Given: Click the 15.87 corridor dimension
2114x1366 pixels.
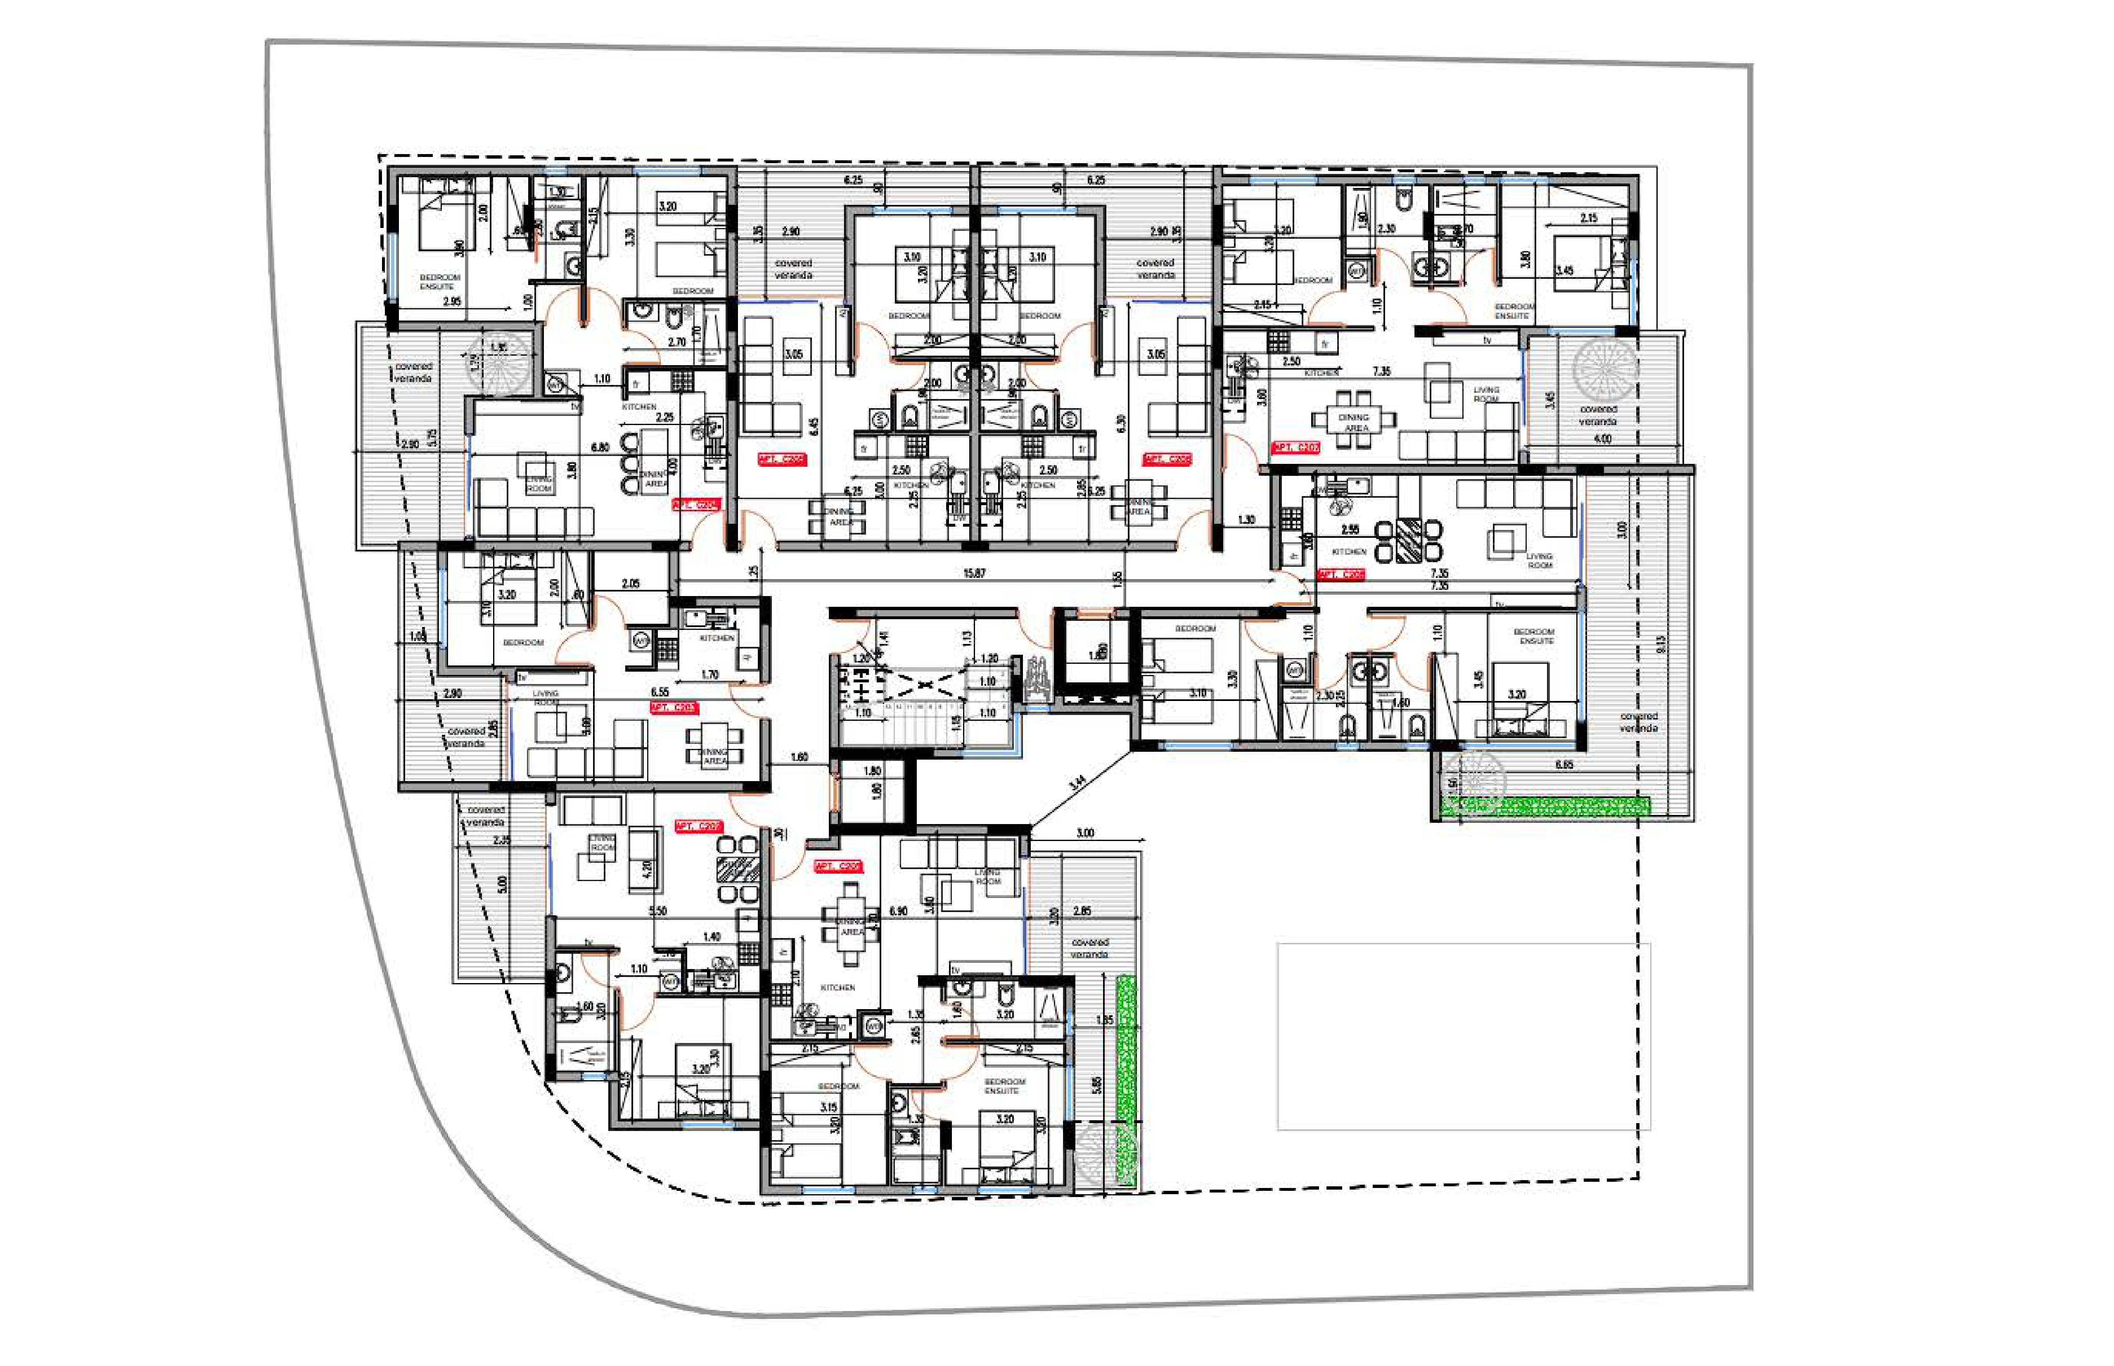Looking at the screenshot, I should coord(974,573).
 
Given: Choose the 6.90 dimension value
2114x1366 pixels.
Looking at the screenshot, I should coord(897,911).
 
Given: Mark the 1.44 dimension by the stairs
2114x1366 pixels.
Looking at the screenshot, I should coord(882,638).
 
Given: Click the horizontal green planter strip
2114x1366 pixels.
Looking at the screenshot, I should coord(1547,805).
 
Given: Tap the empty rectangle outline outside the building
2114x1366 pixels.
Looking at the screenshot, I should coord(1463,1036).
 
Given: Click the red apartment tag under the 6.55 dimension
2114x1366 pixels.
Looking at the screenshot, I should coord(674,708).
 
